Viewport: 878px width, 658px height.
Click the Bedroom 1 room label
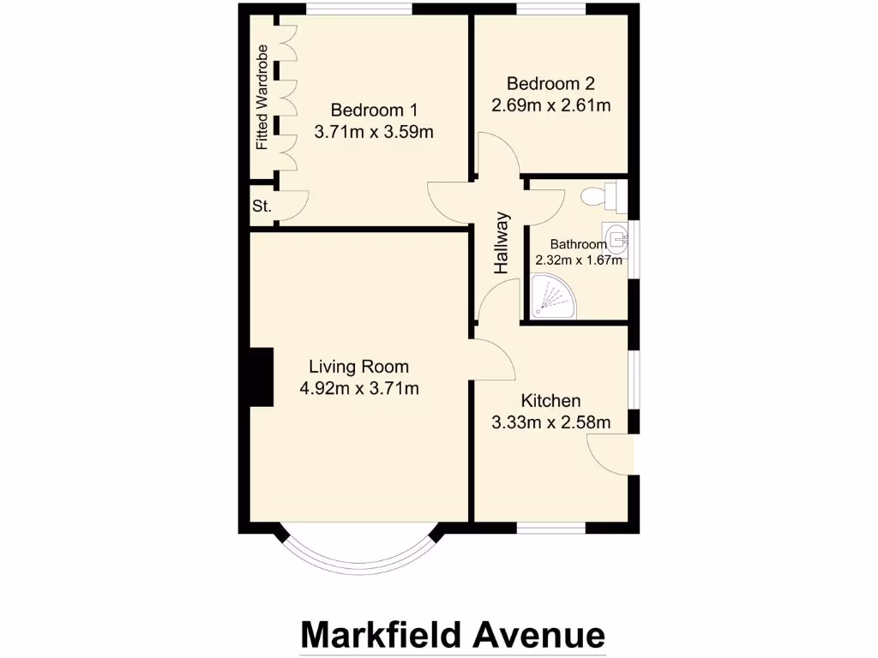coord(374,110)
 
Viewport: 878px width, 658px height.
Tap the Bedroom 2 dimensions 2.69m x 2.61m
coord(550,105)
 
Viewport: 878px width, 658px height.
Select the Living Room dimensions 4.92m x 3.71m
coord(359,389)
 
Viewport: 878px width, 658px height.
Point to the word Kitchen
coord(551,400)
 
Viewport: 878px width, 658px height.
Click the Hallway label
coord(502,243)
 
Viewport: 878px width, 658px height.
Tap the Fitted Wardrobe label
coord(262,97)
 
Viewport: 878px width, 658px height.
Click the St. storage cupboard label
coord(262,206)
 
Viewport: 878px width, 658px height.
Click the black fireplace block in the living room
coord(261,377)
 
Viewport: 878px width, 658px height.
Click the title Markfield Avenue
coord(453,635)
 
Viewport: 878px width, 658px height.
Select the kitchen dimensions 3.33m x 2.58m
coord(550,422)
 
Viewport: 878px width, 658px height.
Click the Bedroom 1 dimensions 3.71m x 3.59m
coord(374,132)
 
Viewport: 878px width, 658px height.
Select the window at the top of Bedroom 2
coord(552,9)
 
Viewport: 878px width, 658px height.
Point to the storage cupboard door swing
coord(293,206)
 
